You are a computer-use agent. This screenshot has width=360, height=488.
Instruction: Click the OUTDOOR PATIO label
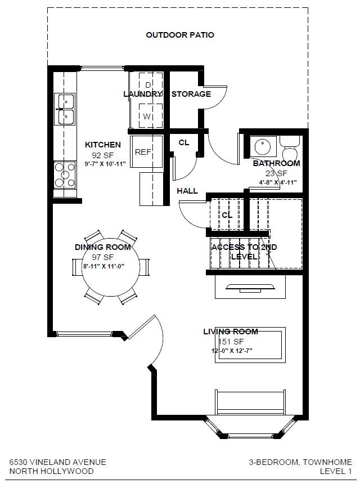(180, 35)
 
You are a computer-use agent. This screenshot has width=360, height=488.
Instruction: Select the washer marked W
(151, 115)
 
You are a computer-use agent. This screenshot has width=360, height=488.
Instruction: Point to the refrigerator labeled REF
(147, 151)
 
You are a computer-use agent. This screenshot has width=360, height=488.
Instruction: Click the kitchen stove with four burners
(65, 175)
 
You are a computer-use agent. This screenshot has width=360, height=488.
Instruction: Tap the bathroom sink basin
(263, 146)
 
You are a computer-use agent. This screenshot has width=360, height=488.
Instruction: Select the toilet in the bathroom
(289, 149)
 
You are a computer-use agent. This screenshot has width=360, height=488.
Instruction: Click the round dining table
(110, 267)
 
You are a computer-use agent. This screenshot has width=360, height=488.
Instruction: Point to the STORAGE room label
(191, 94)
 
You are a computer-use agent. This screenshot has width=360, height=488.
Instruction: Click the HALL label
(187, 191)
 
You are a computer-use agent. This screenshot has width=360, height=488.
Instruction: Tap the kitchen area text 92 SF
(103, 155)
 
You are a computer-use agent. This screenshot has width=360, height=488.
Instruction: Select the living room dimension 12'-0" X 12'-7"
(232, 351)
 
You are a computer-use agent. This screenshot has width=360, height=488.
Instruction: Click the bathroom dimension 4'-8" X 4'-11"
(278, 182)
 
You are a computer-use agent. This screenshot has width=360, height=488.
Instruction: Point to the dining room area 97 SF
(103, 257)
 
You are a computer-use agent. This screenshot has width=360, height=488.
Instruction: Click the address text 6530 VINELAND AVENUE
(57, 462)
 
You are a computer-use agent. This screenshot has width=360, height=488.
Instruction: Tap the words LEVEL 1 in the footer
(336, 471)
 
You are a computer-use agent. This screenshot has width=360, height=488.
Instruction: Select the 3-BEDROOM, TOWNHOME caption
(300, 462)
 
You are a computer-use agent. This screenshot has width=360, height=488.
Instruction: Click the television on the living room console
(250, 288)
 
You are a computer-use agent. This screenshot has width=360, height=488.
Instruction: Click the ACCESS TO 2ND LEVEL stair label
(244, 252)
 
